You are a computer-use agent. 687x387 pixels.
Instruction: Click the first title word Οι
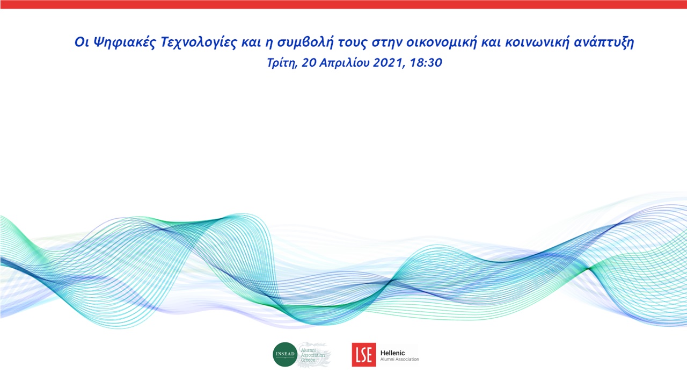81,44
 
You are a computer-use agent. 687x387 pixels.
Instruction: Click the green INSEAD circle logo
285,355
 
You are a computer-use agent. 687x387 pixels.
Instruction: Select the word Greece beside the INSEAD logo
309,360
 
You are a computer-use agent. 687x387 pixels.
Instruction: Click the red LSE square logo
363,355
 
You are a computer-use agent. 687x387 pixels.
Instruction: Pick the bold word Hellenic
393,352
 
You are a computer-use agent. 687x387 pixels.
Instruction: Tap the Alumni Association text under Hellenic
399,359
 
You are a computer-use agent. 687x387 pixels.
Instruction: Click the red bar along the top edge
343,4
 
